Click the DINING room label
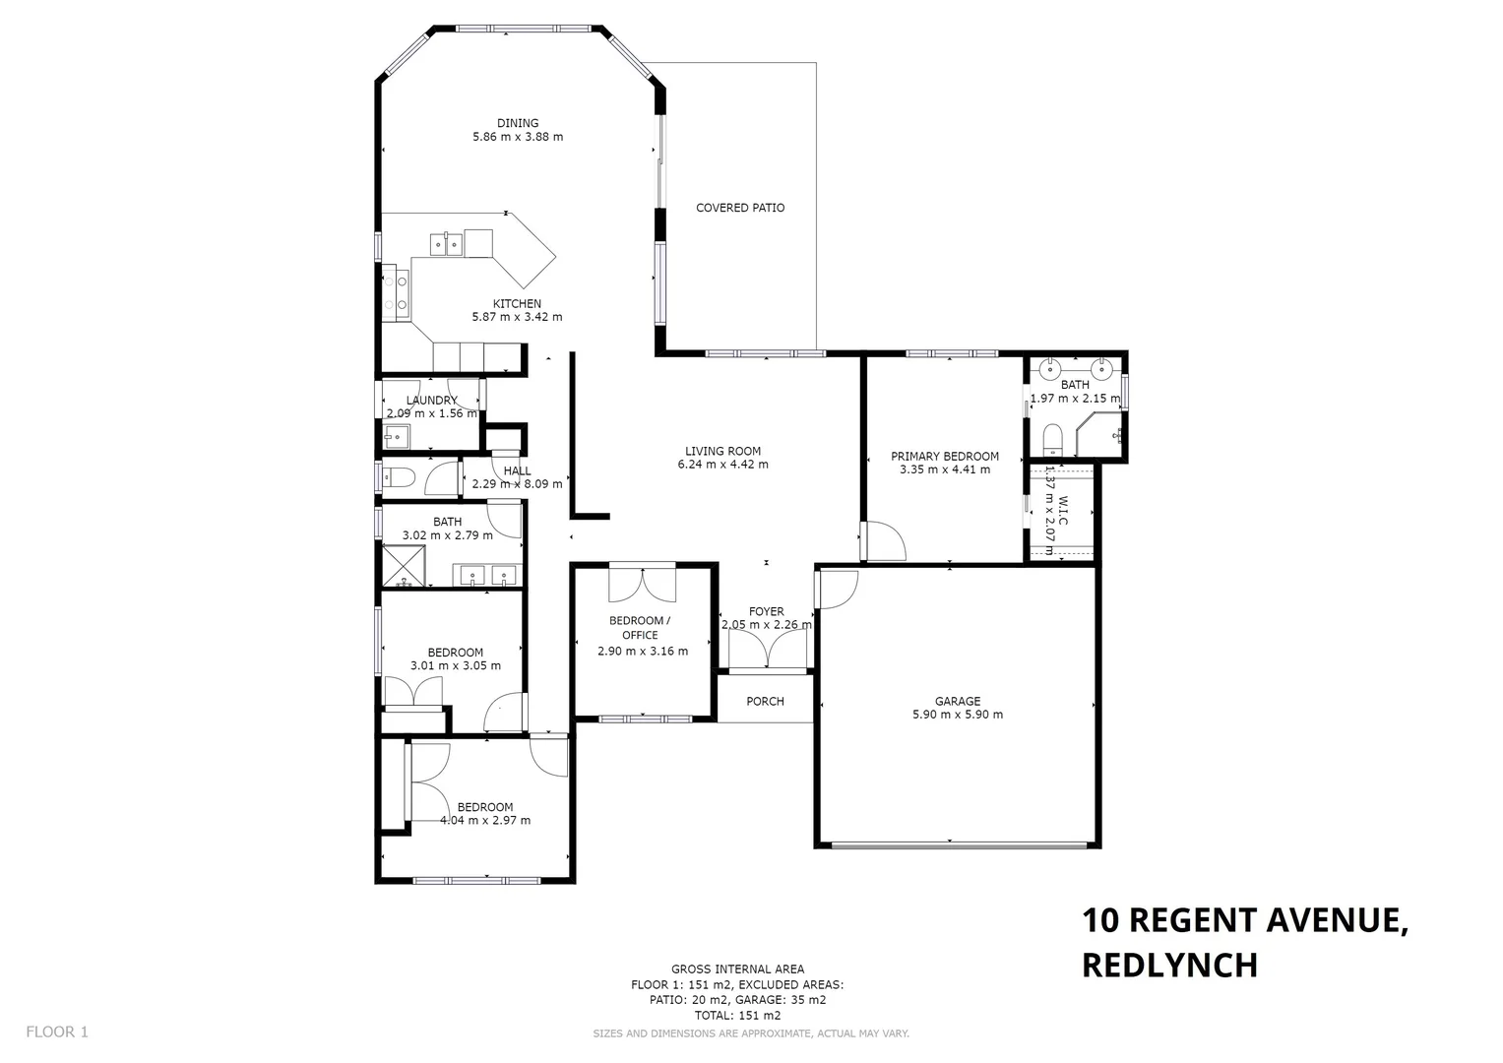click(x=518, y=123)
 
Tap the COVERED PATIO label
click(x=740, y=208)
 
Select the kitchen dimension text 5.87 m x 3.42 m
click(x=517, y=317)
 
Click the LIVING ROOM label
click(x=722, y=451)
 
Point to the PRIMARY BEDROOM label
click(x=944, y=456)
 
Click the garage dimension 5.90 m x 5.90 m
click(x=957, y=715)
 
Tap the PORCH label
click(x=765, y=701)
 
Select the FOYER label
click(x=766, y=611)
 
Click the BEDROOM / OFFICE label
click(x=640, y=627)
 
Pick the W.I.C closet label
click(x=1062, y=511)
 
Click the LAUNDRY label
click(x=431, y=401)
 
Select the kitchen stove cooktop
click(x=401, y=292)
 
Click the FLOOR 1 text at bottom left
click(x=57, y=1032)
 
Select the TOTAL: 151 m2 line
click(x=737, y=1015)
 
